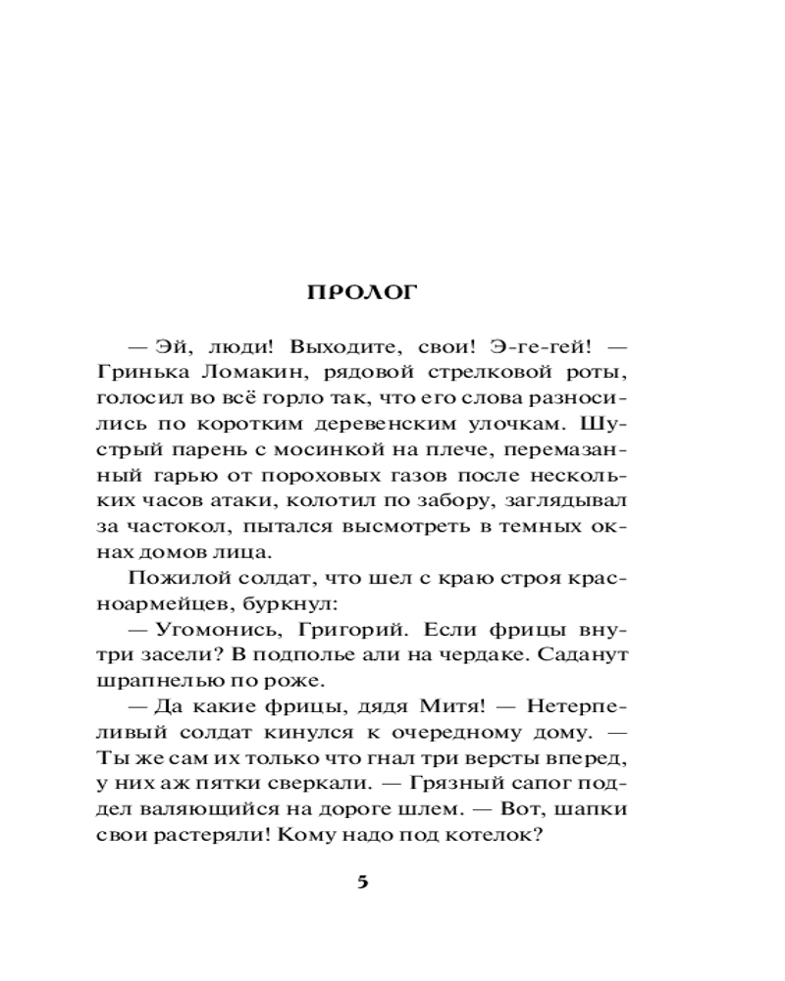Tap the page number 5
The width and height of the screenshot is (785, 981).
362,881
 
